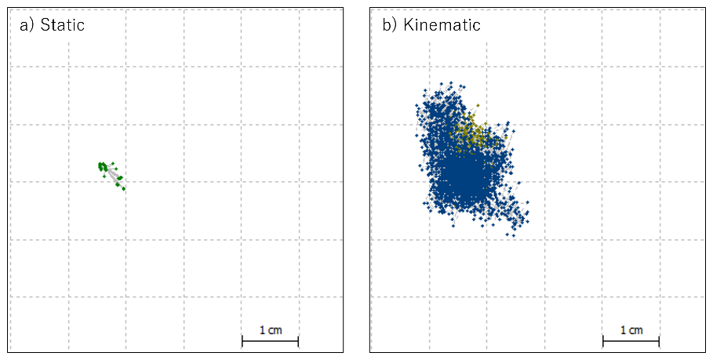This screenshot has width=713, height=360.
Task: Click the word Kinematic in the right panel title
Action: [x=442, y=25]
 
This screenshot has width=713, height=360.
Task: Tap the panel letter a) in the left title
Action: [x=27, y=25]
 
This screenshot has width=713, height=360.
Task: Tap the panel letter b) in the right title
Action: [x=389, y=25]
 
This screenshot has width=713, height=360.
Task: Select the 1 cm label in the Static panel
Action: [x=270, y=330]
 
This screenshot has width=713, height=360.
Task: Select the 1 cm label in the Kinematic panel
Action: [x=631, y=330]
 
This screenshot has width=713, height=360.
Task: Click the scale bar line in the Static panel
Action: [x=270, y=340]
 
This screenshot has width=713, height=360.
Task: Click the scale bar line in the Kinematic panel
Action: [x=631, y=340]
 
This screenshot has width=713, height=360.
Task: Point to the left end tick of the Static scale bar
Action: [x=242, y=340]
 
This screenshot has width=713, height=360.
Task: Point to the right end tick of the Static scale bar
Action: [x=298, y=340]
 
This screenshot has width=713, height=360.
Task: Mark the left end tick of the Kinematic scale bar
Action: [x=603, y=340]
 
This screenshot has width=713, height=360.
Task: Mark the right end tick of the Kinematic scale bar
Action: [x=659, y=340]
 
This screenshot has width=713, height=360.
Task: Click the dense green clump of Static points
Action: [x=103, y=166]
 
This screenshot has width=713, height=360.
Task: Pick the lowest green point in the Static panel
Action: [x=124, y=189]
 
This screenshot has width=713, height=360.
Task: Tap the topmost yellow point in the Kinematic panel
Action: [x=478, y=104]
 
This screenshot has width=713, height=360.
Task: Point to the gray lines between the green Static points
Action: [x=113, y=177]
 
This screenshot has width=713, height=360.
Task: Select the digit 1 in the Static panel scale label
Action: [x=262, y=330]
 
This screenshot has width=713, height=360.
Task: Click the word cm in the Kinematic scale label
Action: [x=635, y=330]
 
